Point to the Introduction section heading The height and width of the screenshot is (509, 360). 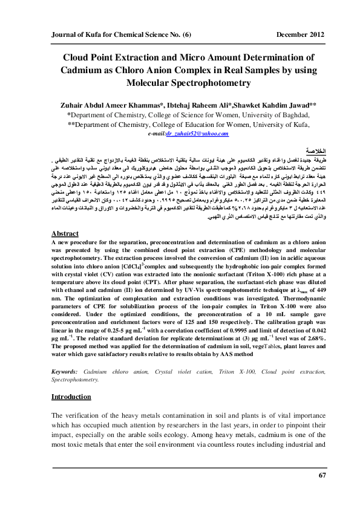[x=71, y=397]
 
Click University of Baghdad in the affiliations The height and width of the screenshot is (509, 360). [x=263, y=113]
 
